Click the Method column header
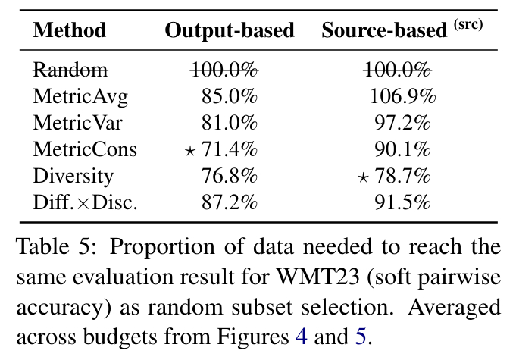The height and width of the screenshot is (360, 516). [x=70, y=31]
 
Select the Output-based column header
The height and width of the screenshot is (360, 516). [x=230, y=31]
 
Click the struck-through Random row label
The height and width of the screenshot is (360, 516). [x=70, y=70]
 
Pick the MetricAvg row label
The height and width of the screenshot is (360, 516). [x=80, y=96]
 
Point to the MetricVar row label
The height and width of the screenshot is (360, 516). [x=77, y=123]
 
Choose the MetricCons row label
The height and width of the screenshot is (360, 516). [x=85, y=149]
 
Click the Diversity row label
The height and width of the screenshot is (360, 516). [x=73, y=176]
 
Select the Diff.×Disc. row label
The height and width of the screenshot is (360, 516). [x=85, y=202]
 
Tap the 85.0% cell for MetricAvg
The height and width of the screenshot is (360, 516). [x=230, y=96]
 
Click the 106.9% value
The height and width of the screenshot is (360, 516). [x=402, y=96]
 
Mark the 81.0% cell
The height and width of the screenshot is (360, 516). [x=230, y=123]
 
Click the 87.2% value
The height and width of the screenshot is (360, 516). [x=230, y=202]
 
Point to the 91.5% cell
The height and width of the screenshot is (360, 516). [x=402, y=202]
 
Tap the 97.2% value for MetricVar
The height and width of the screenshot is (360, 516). [x=402, y=123]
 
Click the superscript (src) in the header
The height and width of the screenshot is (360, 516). [x=468, y=24]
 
